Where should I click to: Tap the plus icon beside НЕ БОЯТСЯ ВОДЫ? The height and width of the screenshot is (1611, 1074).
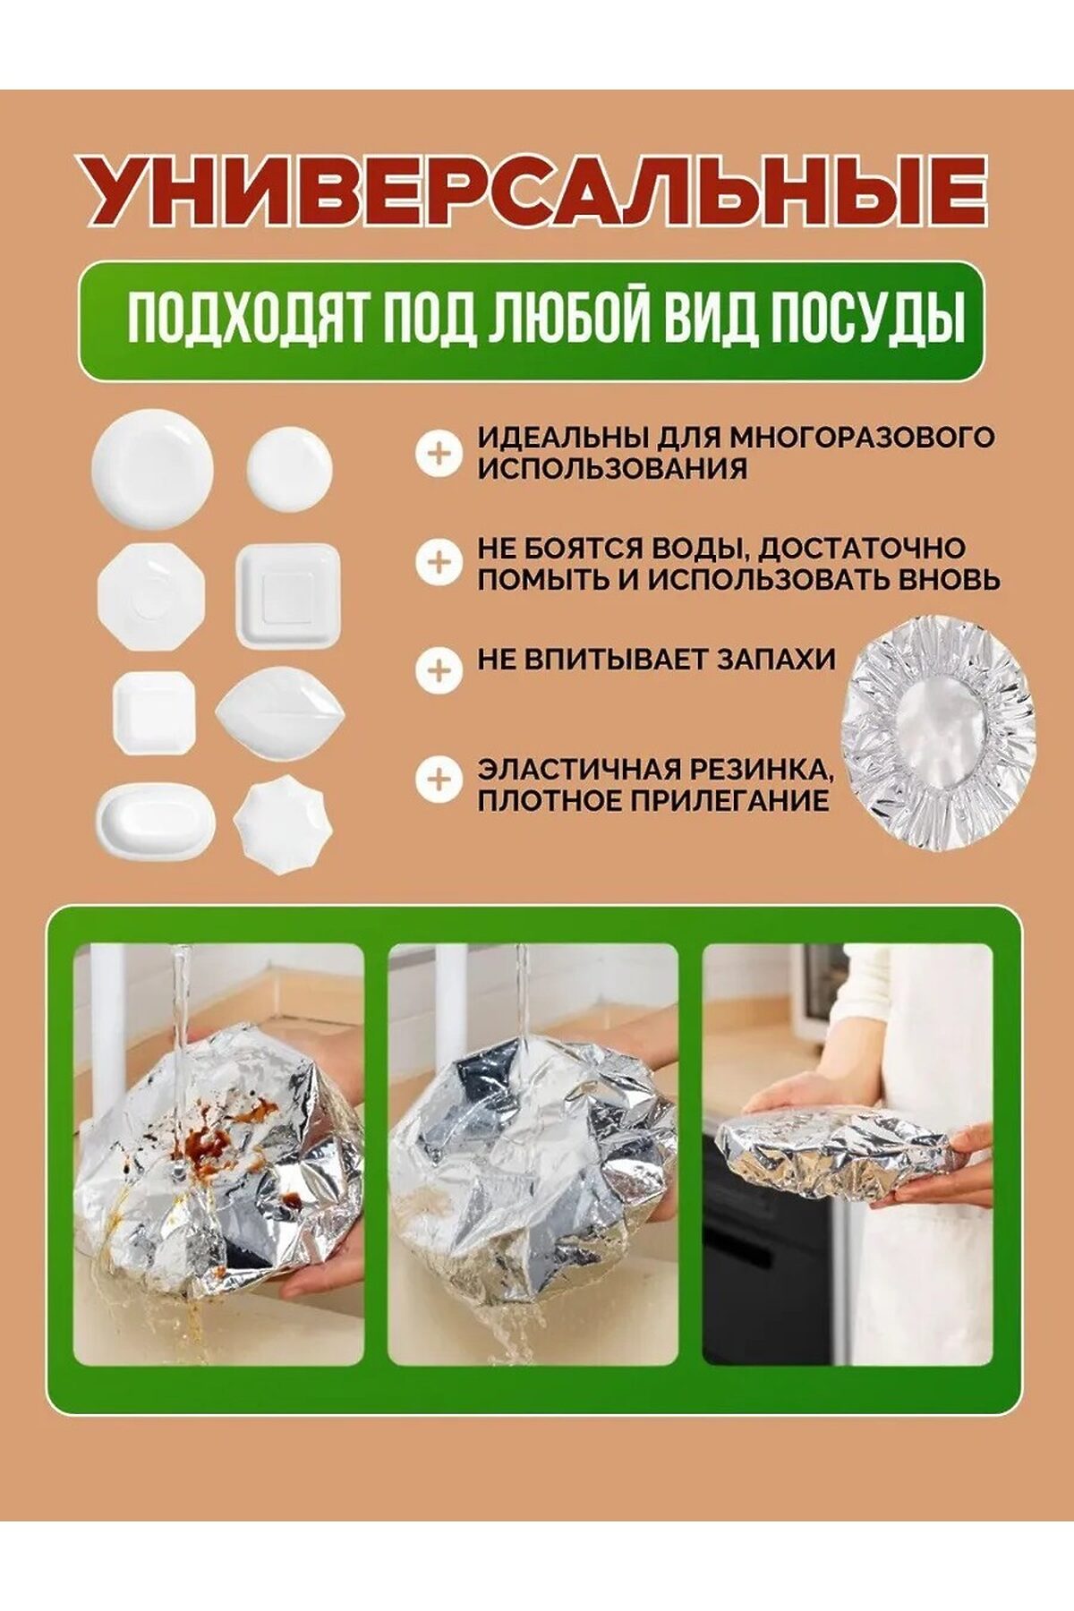pyautogui.click(x=439, y=563)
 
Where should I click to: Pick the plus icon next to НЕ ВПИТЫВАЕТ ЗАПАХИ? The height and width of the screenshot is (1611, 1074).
pyautogui.click(x=439, y=671)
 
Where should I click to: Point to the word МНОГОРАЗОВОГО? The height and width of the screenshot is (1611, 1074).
pyautogui.click(x=862, y=438)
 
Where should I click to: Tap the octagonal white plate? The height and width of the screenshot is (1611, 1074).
pyautogui.click(x=151, y=596)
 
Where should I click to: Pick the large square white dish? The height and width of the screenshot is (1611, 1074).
pyautogui.click(x=288, y=595)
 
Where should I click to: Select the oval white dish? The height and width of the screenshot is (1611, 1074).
pyautogui.click(x=156, y=821)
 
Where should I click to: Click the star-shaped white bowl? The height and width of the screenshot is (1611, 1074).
pyautogui.click(x=283, y=824)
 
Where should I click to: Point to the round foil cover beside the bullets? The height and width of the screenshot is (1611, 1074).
pyautogui.click(x=938, y=731)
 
